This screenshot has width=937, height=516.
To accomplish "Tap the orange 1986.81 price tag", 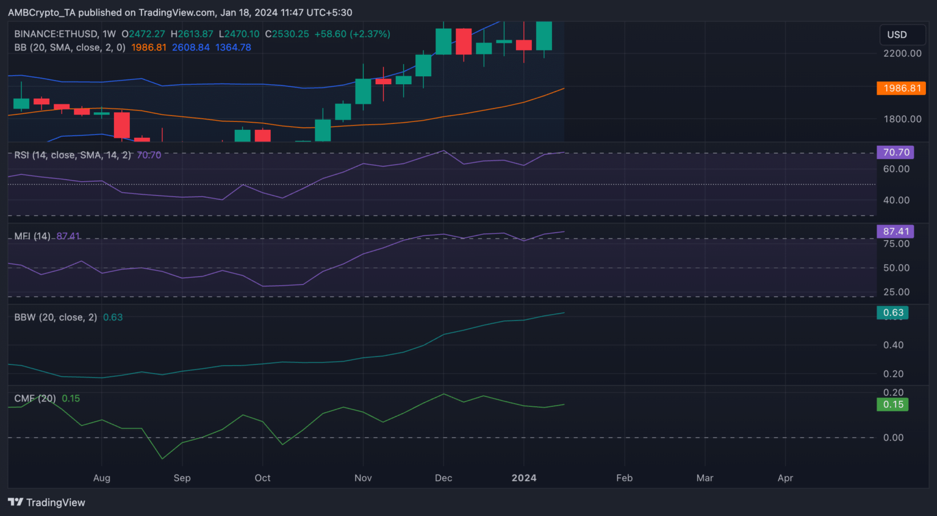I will pyautogui.click(x=901, y=88).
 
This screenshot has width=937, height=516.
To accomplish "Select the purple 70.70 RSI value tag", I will pyautogui.click(x=895, y=152).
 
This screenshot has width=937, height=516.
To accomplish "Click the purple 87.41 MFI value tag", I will pyautogui.click(x=895, y=232).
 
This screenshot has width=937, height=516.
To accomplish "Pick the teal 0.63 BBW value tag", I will pyautogui.click(x=892, y=313).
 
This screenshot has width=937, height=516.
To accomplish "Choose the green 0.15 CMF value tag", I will pyautogui.click(x=892, y=404).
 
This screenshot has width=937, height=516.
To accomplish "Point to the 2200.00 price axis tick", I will pyautogui.click(x=902, y=54).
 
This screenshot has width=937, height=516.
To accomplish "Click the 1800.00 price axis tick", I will pyautogui.click(x=902, y=119).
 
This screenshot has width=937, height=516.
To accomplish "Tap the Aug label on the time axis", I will pyautogui.click(x=102, y=478).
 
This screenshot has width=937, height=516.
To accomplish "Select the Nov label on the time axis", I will pyautogui.click(x=363, y=478).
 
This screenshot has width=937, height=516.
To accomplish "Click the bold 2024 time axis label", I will pyautogui.click(x=524, y=478).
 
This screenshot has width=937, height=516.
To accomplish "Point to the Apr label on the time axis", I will pyautogui.click(x=785, y=478).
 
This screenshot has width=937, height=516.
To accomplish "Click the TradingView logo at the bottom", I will pyautogui.click(x=46, y=503).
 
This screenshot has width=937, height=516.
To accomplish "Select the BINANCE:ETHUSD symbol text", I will pyautogui.click(x=56, y=34).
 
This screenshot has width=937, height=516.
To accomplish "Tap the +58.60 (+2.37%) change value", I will pyautogui.click(x=352, y=34).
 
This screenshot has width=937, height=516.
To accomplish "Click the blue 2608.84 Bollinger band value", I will pyautogui.click(x=190, y=48).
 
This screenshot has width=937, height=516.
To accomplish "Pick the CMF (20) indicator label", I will pyautogui.click(x=35, y=398).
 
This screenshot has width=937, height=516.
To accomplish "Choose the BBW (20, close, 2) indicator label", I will pyautogui.click(x=56, y=317).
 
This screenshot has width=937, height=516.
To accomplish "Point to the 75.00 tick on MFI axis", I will pyautogui.click(x=896, y=244).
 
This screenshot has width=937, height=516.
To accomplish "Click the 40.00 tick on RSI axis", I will pyautogui.click(x=896, y=200).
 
